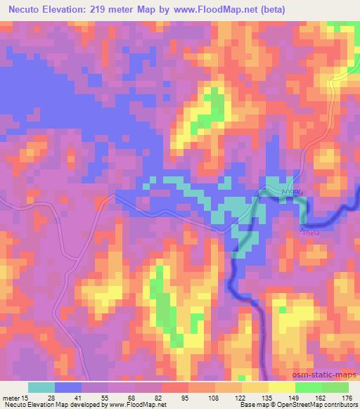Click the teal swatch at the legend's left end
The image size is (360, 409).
[41, 388]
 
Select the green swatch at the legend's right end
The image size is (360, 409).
[335, 388]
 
